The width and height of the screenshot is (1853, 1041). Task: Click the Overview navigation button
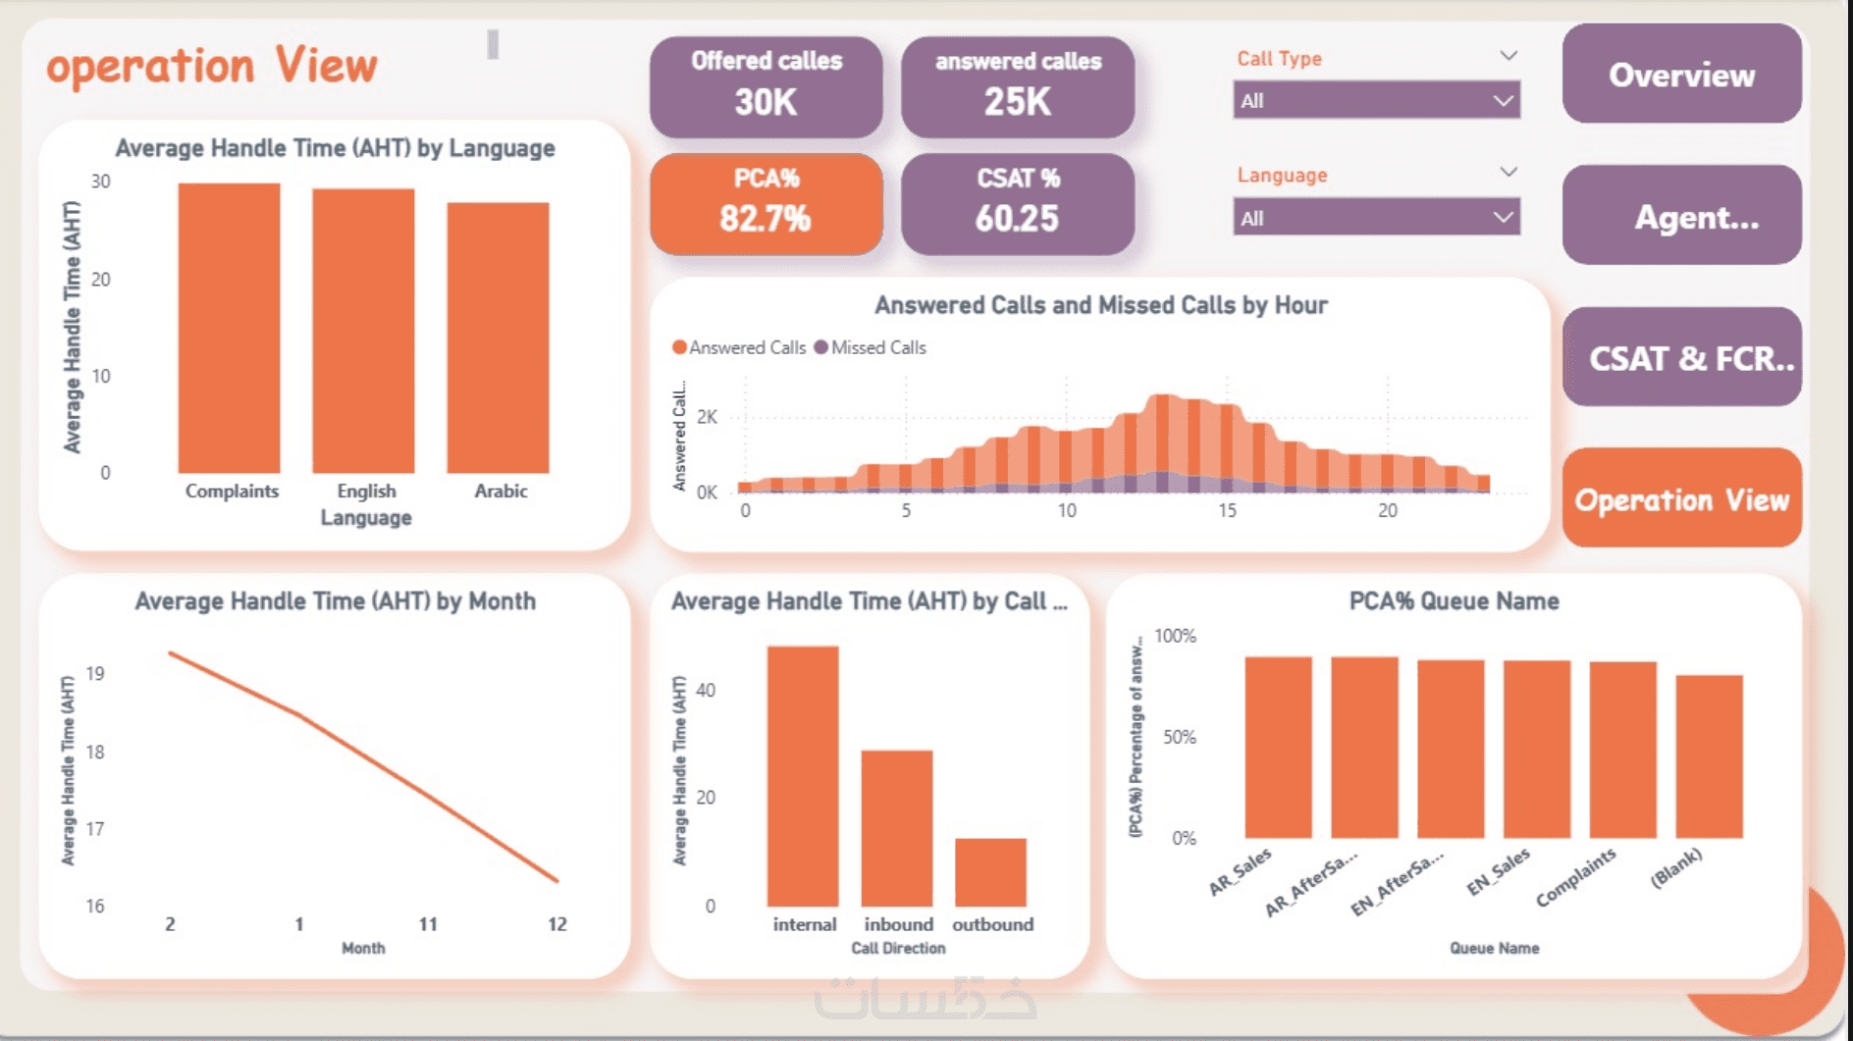1681,75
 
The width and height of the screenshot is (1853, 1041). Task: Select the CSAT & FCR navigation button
1681,358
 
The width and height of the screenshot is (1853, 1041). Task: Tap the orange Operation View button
1681,499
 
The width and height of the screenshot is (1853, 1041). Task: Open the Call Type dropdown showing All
1376,100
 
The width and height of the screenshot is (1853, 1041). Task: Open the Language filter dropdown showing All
1376,218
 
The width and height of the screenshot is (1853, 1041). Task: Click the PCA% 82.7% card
766,203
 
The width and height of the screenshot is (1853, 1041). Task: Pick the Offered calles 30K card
766,86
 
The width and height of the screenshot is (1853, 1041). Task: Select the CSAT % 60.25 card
1017,203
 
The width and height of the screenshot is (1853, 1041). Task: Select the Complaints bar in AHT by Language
229,328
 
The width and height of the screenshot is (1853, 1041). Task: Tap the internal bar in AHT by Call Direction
803,775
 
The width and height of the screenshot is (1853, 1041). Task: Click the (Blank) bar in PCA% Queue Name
1709,755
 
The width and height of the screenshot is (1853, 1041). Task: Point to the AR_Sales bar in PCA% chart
1278,747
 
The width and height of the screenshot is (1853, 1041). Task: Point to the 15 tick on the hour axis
1227,510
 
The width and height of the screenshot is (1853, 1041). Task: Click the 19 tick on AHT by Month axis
95,673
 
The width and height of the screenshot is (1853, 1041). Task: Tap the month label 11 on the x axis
428,923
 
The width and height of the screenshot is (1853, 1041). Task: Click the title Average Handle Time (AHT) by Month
335,600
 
